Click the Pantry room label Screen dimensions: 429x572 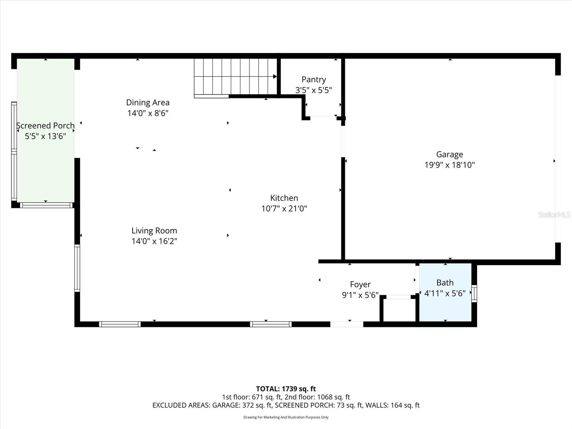[314, 79]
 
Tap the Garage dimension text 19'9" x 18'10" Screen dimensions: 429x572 [449, 165]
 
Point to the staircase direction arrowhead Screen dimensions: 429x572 [275, 77]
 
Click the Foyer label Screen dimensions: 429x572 [360, 284]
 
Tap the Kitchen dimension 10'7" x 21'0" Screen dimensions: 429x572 [284, 208]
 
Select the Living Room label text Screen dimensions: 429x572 [154, 231]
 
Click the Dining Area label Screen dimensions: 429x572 [148, 103]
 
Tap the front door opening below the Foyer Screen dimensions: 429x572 [346, 324]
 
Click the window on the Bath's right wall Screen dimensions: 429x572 [474, 293]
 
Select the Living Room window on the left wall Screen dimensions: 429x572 [77, 268]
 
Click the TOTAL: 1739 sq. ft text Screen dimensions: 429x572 [286, 389]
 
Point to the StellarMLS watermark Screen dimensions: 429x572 [554, 214]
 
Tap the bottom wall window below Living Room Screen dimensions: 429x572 [120, 324]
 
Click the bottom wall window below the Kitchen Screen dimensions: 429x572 [271, 324]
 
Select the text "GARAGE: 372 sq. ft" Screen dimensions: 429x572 [241, 405]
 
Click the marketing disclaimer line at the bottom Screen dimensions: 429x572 [286, 417]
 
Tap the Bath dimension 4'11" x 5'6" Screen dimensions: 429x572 [445, 294]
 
